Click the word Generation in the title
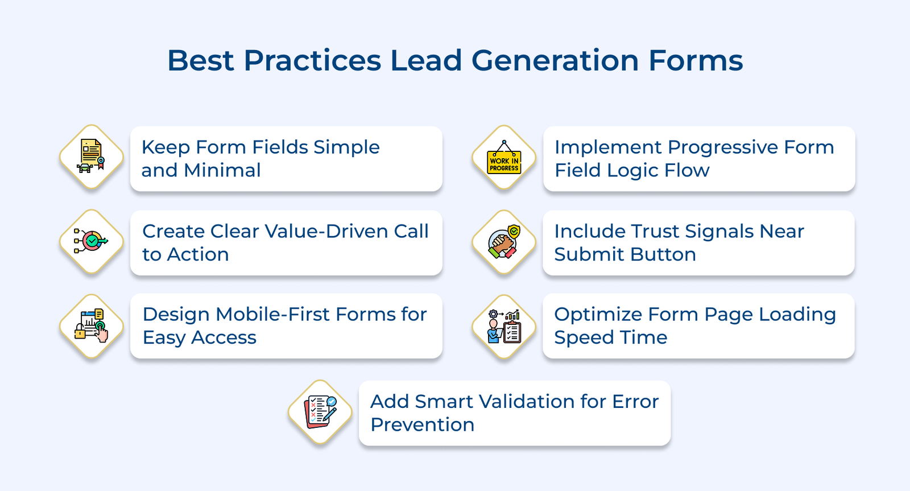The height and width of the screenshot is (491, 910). (x=555, y=60)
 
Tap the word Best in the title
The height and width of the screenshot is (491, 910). (x=200, y=60)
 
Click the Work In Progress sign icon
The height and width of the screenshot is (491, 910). (x=504, y=158)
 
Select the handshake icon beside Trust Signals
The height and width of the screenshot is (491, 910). (x=504, y=242)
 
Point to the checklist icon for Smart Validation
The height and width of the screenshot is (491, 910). (x=320, y=412)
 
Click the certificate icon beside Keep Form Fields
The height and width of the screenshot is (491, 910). (x=92, y=157)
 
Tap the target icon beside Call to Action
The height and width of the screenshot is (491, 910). (x=92, y=241)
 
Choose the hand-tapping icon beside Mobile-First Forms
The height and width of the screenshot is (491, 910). (x=92, y=326)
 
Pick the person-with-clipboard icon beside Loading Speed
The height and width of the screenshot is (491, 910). (x=504, y=326)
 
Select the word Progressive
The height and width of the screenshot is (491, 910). (x=722, y=147)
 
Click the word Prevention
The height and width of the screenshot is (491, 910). (x=422, y=425)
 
